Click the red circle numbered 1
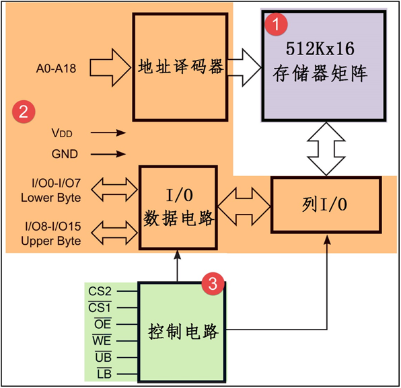coord(275,26)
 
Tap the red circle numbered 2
coord(24,112)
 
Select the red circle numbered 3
coord(213,284)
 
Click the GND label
coord(65,154)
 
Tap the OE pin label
coord(102,324)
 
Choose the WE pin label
coord(101,341)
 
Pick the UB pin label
coord(102,357)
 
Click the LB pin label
coord(102,373)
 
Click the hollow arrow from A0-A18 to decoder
coord(111,68)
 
